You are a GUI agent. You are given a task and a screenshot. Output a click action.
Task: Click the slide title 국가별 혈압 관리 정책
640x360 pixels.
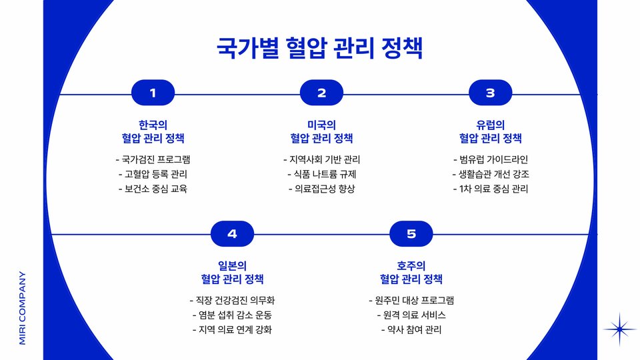coord(320,49)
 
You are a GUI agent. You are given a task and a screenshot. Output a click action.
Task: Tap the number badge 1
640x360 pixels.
coord(153,93)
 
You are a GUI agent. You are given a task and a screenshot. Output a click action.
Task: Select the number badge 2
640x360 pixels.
coord(321,93)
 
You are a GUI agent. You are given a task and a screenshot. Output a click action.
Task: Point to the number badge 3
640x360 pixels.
coord(490,93)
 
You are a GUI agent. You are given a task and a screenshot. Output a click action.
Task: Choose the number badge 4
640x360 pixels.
coord(232,233)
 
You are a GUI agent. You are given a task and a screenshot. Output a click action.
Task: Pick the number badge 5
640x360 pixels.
coord(411,233)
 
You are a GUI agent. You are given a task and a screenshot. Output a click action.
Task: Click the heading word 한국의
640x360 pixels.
coord(153,125)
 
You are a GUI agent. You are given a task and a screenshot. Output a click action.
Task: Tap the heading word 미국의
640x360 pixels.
coord(321,125)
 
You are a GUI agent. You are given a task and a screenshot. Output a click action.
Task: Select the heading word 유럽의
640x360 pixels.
coord(490,125)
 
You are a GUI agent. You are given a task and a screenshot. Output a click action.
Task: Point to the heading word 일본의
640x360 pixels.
coord(232,265)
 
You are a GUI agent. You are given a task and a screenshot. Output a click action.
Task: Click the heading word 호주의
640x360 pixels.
coord(411,265)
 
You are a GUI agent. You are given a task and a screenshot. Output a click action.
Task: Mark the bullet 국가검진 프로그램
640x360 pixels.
coord(153,159)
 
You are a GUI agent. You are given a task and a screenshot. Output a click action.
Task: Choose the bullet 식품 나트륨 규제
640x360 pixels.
coord(321,174)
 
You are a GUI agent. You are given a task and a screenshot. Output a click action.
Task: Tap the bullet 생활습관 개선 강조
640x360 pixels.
coord(490,174)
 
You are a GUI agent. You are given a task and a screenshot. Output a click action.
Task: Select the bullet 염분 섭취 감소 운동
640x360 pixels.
coord(232,315)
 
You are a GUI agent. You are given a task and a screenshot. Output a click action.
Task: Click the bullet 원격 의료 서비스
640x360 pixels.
coord(411,315)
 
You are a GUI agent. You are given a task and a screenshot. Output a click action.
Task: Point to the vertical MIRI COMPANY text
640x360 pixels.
coord(23,307)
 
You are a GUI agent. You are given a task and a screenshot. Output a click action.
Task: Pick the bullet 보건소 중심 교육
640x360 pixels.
coord(153,189)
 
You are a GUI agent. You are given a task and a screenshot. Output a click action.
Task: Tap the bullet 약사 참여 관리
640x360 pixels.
coord(411,329)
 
